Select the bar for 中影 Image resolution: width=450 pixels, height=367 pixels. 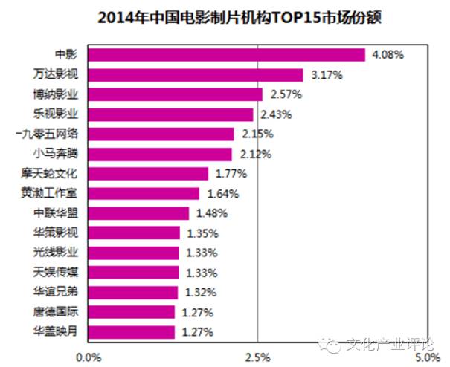(x=227, y=55)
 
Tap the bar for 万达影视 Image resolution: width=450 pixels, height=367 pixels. (x=196, y=75)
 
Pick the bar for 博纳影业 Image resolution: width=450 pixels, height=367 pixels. (x=176, y=94)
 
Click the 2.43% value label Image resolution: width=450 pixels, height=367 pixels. (x=275, y=114)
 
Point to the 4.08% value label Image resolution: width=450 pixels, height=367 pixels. (x=387, y=55)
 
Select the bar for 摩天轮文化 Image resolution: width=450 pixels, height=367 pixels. (x=149, y=174)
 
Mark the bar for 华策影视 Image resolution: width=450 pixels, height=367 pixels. (x=135, y=233)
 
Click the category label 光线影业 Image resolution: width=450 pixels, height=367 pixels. (x=55, y=253)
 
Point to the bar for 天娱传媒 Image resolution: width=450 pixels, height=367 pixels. (x=134, y=273)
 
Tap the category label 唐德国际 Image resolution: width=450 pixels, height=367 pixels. (x=55, y=312)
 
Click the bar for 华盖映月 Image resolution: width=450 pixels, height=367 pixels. (x=132, y=331)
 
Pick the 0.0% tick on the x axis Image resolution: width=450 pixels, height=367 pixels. (x=90, y=357)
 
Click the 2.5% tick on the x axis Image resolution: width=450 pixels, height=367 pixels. (x=257, y=357)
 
